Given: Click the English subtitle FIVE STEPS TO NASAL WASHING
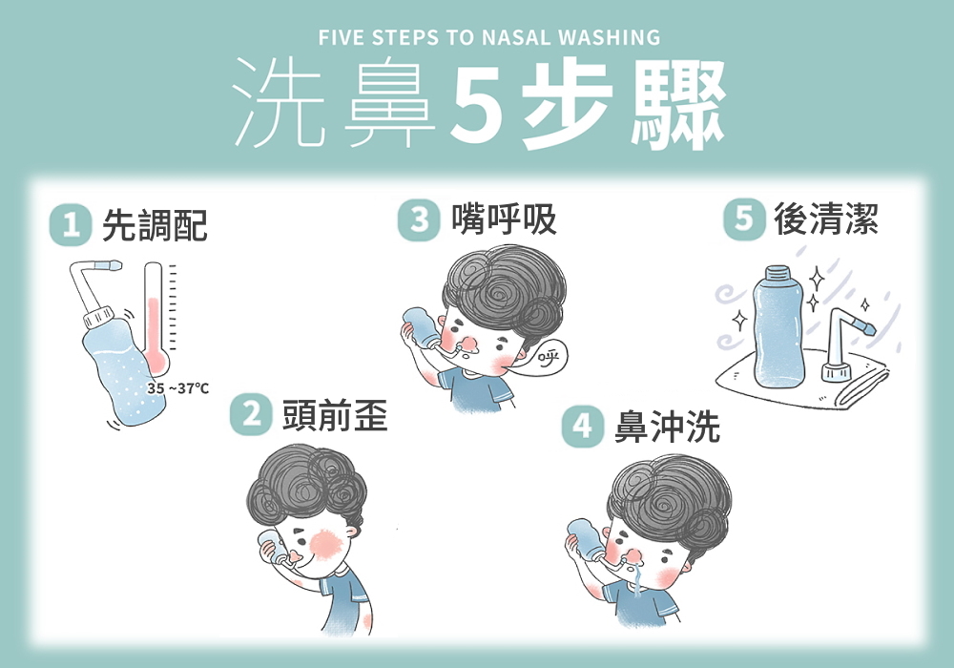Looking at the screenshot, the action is coord(489,38).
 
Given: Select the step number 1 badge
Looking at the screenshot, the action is coord(71,224).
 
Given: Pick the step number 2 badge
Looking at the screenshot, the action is coord(251,415).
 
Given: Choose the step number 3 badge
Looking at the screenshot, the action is coord(419,219).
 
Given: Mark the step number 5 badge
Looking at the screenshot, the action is coord(744,219).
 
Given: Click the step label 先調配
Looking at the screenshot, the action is coord(156,225).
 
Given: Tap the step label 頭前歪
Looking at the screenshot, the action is coord(335,415).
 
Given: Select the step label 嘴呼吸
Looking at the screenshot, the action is coord(504,219).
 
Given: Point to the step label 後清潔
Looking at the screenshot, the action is coord(826,219).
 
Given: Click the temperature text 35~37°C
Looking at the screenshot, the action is coord(177,388).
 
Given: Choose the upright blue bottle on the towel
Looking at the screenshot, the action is coord(778,327).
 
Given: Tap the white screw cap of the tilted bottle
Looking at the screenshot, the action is coord(99,318).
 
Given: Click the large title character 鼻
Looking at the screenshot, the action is coord(389,103).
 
